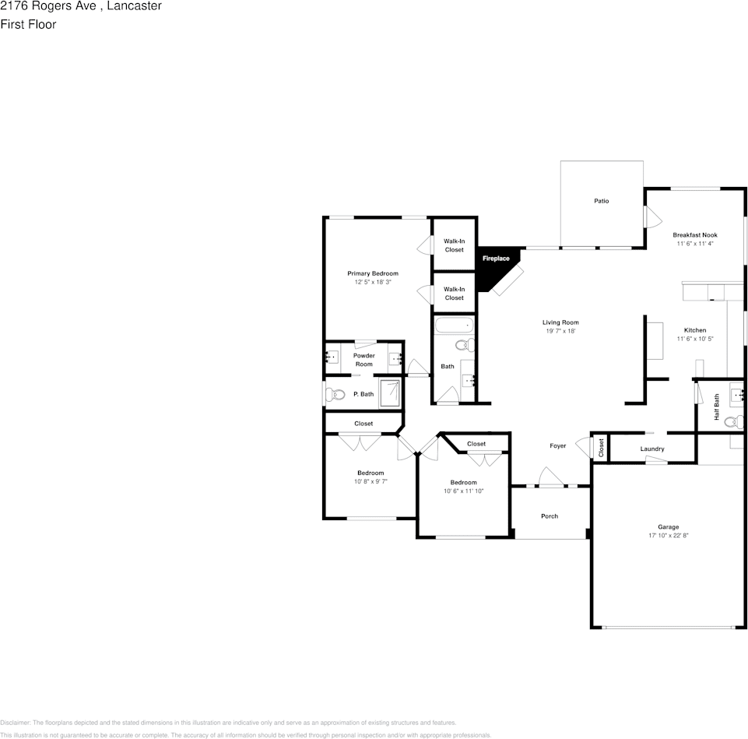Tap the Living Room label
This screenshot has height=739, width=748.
coord(560,322)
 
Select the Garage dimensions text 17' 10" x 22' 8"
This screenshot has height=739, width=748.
coord(668,536)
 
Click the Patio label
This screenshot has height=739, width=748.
coord(601,201)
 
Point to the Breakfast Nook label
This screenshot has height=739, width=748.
coord(694,234)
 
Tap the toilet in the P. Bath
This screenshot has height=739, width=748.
coord(335,395)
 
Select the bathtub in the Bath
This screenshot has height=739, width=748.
coord(453,326)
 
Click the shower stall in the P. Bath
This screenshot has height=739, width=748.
coord(390,393)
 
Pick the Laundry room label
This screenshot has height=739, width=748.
coord(651,449)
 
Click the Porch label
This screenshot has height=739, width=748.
coord(550,516)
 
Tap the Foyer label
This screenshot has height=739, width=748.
coord(557,445)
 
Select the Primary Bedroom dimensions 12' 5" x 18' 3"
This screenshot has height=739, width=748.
coord(372,282)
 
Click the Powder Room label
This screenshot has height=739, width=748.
coord(364,360)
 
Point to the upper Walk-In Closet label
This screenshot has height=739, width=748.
coord(454,245)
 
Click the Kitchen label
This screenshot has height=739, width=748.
coord(695,330)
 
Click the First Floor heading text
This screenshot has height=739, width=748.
coord(28,24)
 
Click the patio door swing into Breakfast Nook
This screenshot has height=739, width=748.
coord(648,216)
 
